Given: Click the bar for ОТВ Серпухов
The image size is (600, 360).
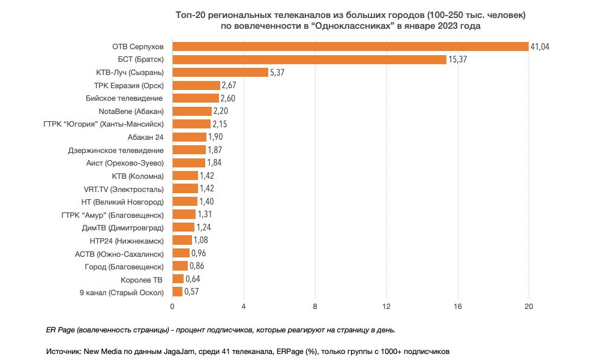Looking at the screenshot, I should click(350, 47).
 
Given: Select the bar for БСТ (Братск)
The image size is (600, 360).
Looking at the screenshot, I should click(309, 59).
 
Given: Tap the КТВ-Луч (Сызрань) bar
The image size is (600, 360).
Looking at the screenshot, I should click(220, 73).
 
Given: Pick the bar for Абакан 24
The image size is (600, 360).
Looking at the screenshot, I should click(189, 137).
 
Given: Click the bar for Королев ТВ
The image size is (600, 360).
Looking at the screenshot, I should click(178, 279).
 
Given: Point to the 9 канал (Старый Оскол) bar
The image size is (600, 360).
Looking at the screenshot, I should click(178, 292).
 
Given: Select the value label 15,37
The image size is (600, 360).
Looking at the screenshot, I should click(458, 59).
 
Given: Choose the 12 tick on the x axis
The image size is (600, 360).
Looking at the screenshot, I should click(386, 307).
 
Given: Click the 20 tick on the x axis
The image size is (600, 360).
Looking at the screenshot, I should click(529, 307).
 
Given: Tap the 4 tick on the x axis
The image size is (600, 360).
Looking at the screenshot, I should click(244, 307).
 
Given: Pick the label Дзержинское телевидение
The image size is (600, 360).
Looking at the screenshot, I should click(116, 150).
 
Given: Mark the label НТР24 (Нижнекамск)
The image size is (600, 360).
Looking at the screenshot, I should click(126, 240).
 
